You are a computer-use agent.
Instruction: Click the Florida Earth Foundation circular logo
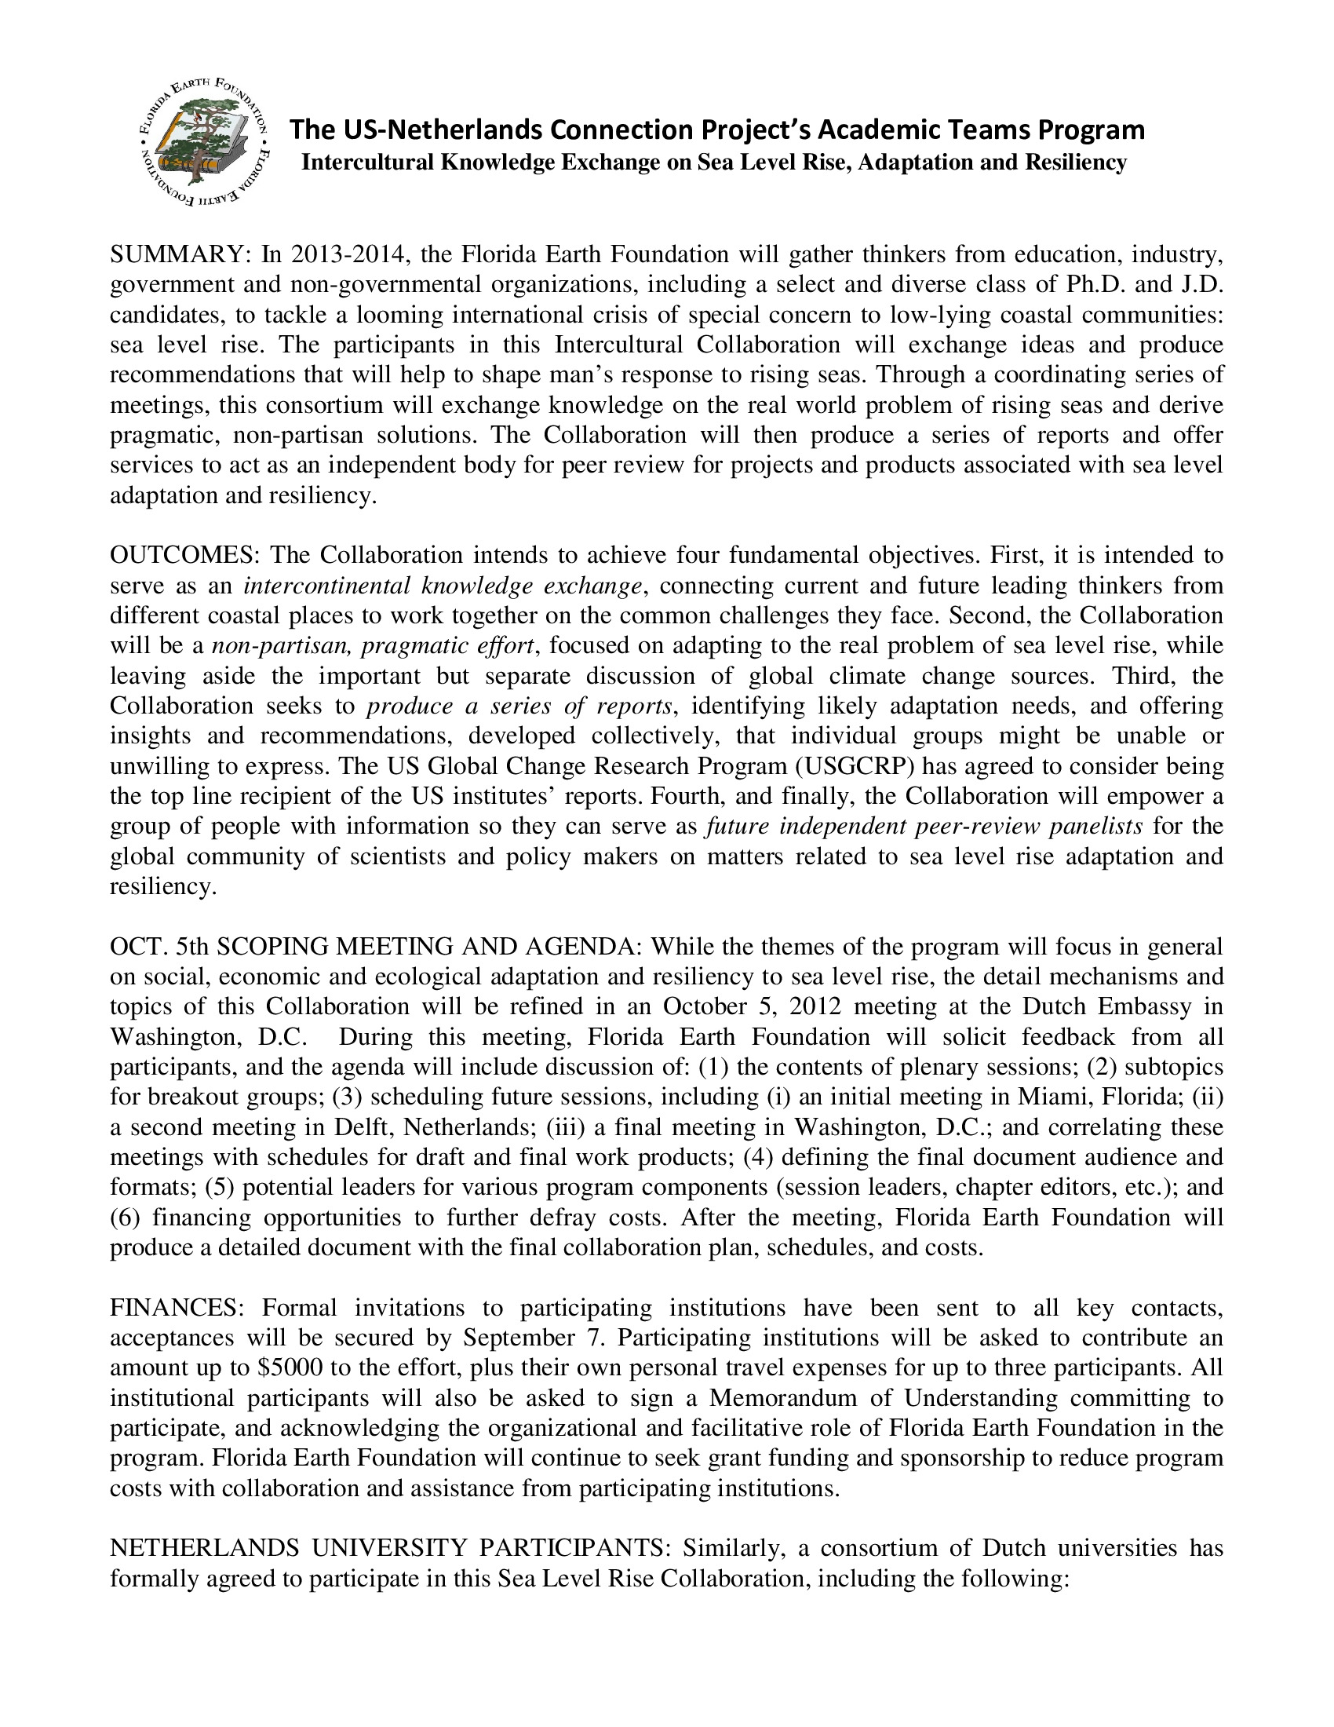[x=202, y=141]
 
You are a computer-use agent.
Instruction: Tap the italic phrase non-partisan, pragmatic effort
[x=374, y=646]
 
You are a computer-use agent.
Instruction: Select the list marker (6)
[x=125, y=1217]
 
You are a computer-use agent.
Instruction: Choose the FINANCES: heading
[x=173, y=1308]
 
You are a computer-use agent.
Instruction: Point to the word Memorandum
[x=782, y=1398]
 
